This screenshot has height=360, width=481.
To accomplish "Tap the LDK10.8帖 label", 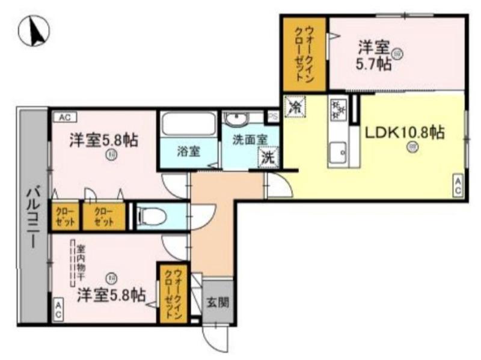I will (403, 133).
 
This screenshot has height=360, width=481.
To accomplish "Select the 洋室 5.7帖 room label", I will (376, 55).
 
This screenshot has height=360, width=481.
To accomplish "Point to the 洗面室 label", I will (250, 138).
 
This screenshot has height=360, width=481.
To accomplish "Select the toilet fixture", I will (154, 216).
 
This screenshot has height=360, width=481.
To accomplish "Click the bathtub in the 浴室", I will (188, 124).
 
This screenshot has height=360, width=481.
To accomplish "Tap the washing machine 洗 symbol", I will (268, 157).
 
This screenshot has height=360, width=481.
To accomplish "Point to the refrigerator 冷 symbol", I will (295, 107).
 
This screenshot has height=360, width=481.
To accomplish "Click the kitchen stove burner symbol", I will (337, 109).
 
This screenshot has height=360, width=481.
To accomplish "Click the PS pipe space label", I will (272, 116).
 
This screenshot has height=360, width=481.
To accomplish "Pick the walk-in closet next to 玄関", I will (173, 293).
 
